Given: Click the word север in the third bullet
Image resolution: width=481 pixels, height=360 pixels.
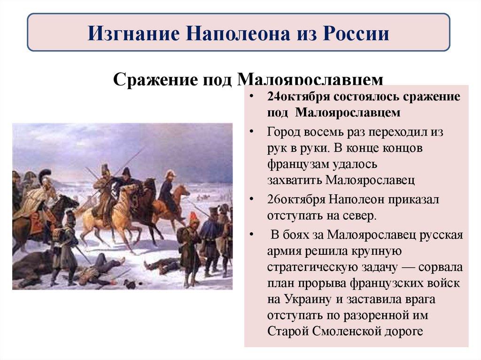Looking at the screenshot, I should pyautogui.click(x=361, y=216).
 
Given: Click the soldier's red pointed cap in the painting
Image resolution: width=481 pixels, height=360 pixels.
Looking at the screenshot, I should pyautogui.click(x=193, y=216).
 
